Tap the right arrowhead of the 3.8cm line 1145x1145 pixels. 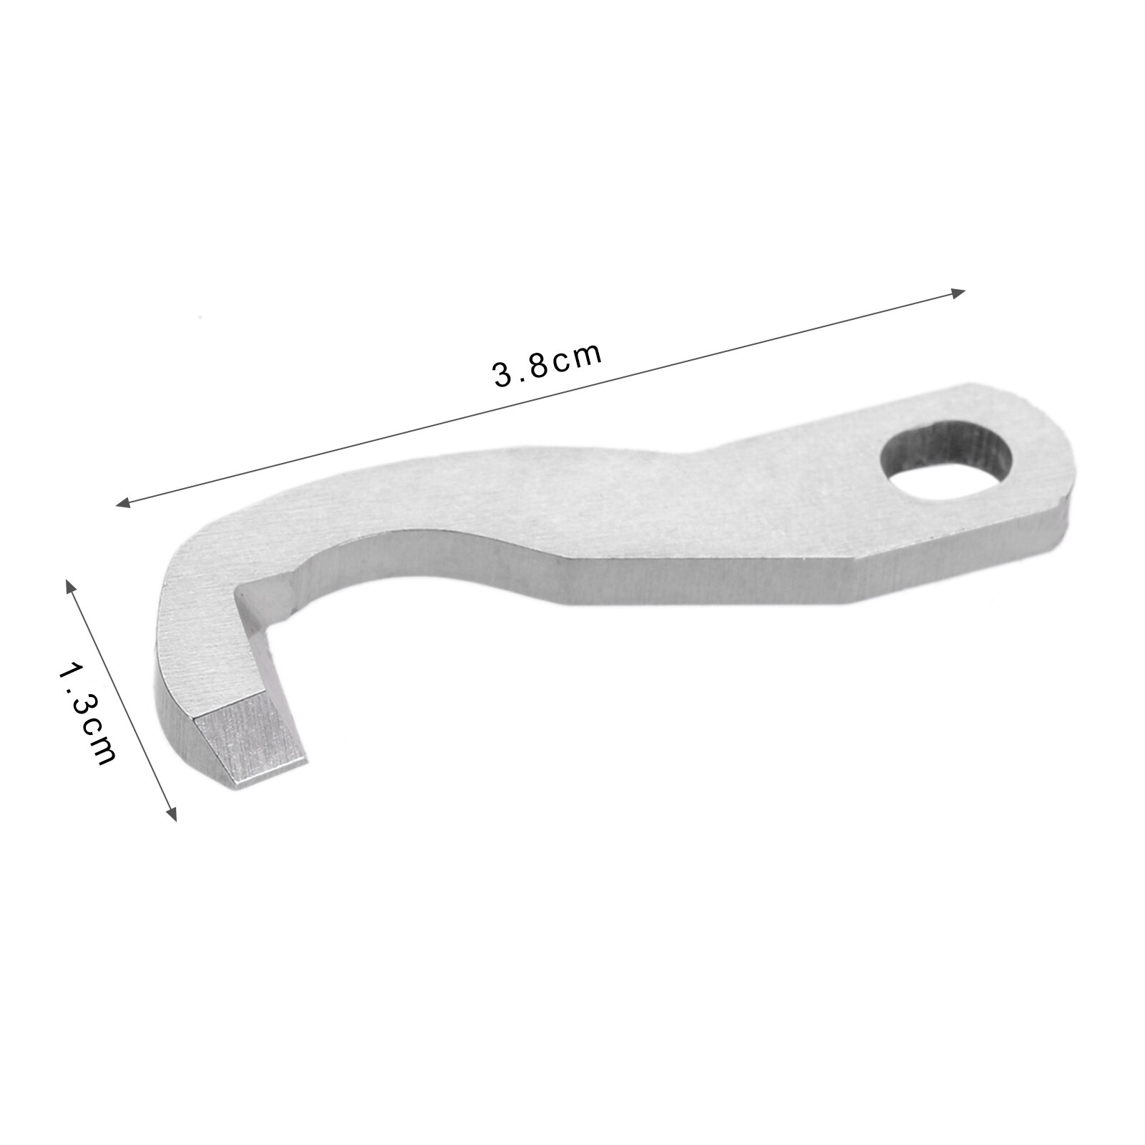(959, 291)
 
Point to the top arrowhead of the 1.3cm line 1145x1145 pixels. (70, 585)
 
